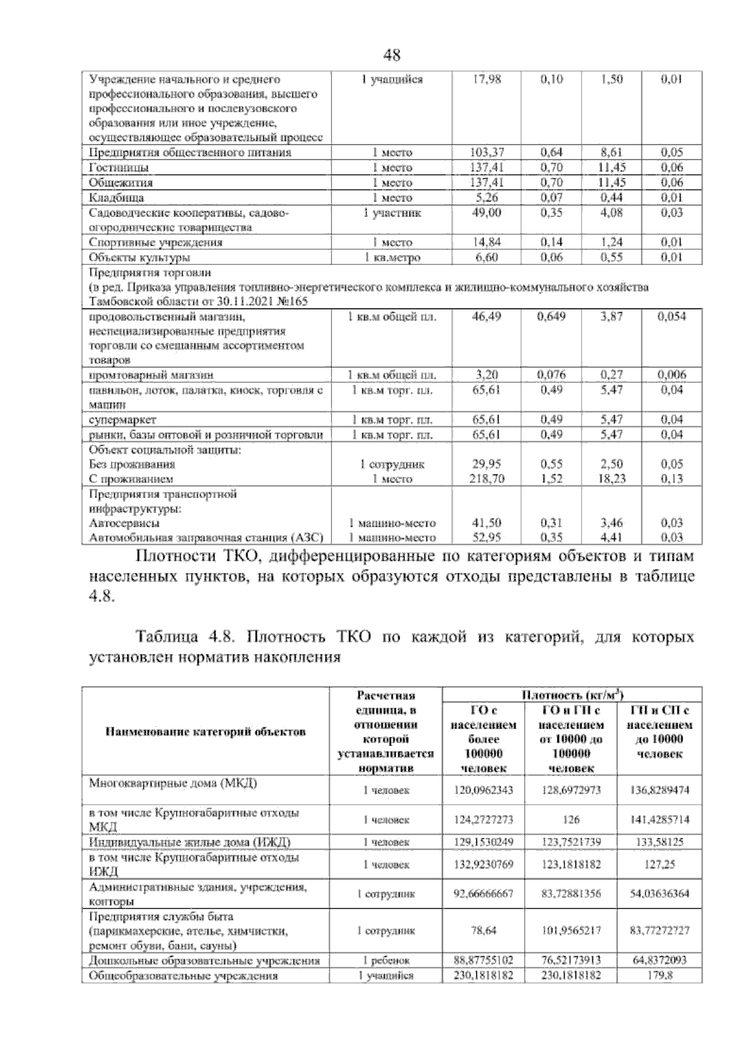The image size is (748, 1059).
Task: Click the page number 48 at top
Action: (391, 55)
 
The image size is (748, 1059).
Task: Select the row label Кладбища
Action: (117, 198)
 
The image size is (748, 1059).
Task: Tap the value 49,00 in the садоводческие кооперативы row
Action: (487, 213)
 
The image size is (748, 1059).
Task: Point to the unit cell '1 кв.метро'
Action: (393, 257)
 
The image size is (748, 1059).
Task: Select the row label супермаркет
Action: (123, 419)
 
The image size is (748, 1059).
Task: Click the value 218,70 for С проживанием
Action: (487, 479)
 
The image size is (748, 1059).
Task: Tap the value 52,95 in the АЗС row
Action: (487, 537)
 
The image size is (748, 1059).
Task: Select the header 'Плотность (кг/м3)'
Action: (572, 695)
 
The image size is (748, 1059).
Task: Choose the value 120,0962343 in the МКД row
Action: (484, 790)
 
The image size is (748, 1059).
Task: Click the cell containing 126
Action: (572, 820)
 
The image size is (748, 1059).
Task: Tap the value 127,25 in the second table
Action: (659, 865)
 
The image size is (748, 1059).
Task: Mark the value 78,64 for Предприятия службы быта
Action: (484, 931)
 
